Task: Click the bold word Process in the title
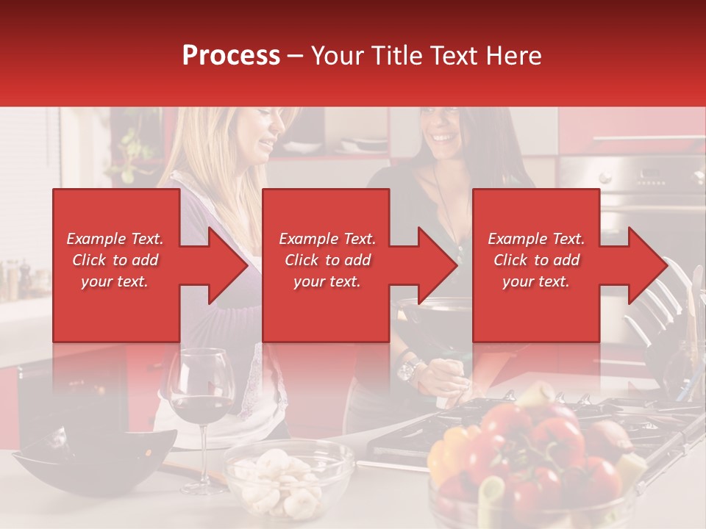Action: [x=231, y=55]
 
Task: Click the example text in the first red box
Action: [x=115, y=260]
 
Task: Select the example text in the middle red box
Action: [x=327, y=260]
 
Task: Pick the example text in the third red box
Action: [x=536, y=260]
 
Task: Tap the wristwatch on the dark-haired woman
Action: [x=409, y=368]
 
